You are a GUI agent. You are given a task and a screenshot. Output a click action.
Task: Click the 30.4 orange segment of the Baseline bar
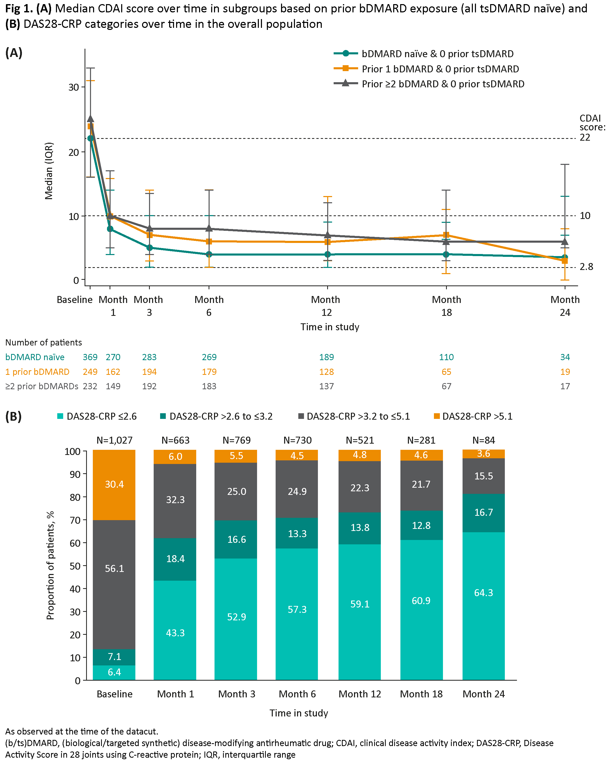(114, 484)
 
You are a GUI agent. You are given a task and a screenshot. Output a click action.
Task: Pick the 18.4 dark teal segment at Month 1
(175, 558)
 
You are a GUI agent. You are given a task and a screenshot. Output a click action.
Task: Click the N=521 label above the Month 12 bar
(359, 440)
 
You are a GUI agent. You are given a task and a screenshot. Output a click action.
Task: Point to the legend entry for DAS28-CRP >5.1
(473, 416)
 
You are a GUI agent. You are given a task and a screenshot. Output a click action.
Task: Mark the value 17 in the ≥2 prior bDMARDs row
(565, 386)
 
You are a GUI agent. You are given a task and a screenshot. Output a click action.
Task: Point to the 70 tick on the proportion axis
(75, 520)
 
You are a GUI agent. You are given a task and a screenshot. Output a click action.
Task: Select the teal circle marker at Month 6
(209, 254)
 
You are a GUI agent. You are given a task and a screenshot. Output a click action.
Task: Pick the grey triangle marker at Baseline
(90, 119)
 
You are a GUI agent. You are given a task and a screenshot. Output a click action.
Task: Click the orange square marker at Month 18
(446, 235)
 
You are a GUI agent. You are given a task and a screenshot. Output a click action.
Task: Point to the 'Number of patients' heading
(44, 342)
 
